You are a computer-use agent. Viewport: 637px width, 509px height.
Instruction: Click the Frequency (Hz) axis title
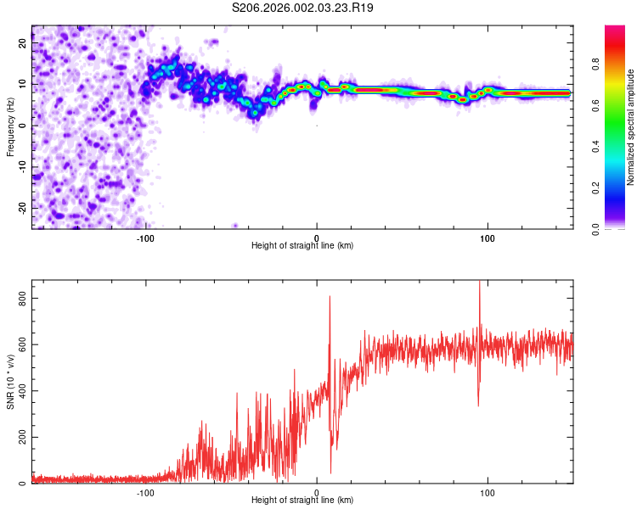11,127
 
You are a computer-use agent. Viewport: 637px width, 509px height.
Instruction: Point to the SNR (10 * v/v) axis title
11,382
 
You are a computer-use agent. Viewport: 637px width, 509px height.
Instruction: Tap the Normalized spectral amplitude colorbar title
630,127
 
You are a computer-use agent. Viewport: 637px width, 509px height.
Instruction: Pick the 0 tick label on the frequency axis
25,126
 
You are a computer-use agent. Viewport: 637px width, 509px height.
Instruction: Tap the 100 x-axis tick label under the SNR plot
488,491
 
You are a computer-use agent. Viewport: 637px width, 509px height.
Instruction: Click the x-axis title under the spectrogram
302,246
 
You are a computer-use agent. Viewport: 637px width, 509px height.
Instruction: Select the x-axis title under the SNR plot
302,501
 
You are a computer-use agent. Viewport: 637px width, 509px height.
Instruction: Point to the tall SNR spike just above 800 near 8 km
330,298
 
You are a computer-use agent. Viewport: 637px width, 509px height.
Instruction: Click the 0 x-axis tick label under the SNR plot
317,491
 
